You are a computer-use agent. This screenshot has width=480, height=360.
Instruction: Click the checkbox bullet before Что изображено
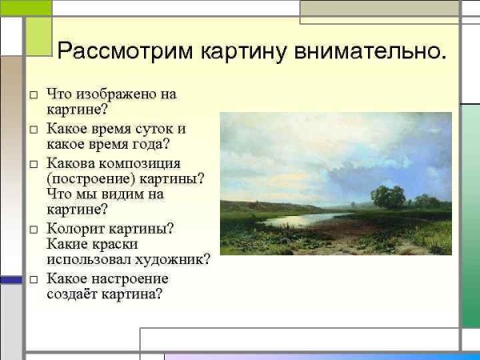click(34, 94)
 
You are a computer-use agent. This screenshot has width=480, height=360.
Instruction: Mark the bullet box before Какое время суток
click(34, 129)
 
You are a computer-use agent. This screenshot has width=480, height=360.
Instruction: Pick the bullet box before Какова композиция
click(34, 163)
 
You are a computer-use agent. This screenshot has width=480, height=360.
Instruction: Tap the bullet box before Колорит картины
click(34, 229)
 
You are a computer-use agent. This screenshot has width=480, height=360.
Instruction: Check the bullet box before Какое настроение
click(34, 279)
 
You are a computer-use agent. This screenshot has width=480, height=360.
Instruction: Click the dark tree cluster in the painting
click(389, 197)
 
